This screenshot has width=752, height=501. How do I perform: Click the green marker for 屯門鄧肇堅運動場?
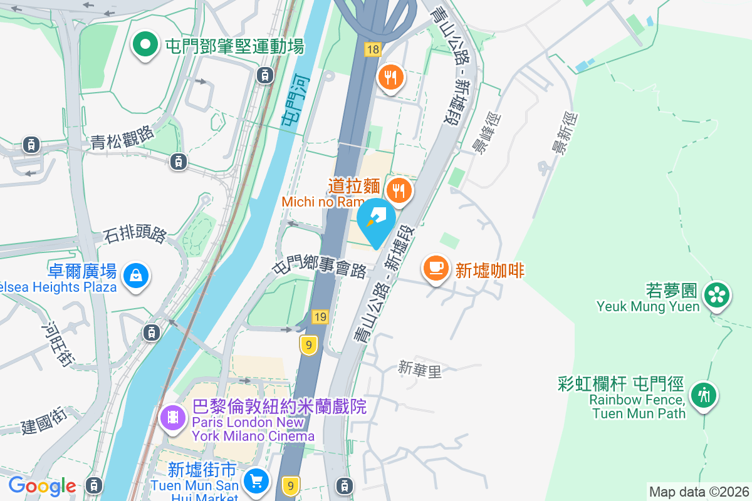[x=145, y=45]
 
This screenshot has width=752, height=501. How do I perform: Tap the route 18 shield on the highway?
[x=373, y=49]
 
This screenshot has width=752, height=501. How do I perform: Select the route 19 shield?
[x=320, y=317]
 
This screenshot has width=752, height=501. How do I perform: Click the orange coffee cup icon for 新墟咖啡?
[x=436, y=269]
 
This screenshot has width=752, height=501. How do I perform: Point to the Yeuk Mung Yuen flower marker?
[x=717, y=296]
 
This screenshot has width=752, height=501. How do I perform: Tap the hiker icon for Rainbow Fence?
[x=704, y=395]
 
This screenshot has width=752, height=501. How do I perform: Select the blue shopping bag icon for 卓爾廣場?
[x=135, y=276]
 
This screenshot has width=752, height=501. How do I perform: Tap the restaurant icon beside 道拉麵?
[x=399, y=189]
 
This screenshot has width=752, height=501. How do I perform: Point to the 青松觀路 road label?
[x=122, y=135]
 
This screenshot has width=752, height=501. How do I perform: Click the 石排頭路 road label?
[x=135, y=235]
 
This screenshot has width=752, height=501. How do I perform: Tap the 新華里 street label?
[x=420, y=369]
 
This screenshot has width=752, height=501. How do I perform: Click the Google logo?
[x=42, y=486]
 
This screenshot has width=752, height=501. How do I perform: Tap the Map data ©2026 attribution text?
[x=699, y=492]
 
